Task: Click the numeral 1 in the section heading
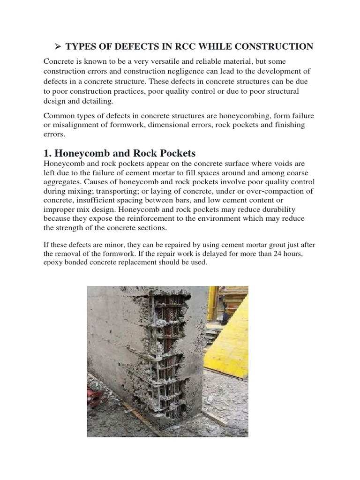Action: click(47, 154)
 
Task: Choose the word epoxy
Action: click(53, 262)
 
